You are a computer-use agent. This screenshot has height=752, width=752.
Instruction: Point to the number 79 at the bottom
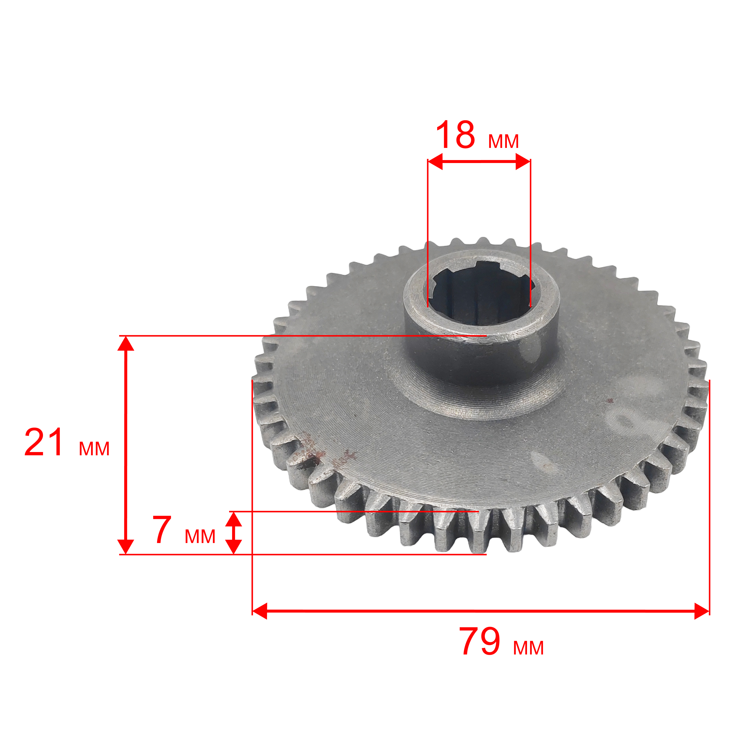tap(480, 641)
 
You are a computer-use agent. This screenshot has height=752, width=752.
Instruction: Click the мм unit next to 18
tap(503, 141)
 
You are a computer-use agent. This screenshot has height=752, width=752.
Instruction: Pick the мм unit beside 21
tap(94, 449)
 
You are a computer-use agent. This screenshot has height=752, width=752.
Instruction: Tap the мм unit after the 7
tap(200, 537)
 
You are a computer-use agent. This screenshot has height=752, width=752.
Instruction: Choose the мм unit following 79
tap(528, 648)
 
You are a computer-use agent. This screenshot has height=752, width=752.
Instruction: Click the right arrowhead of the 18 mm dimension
tap(523, 161)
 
